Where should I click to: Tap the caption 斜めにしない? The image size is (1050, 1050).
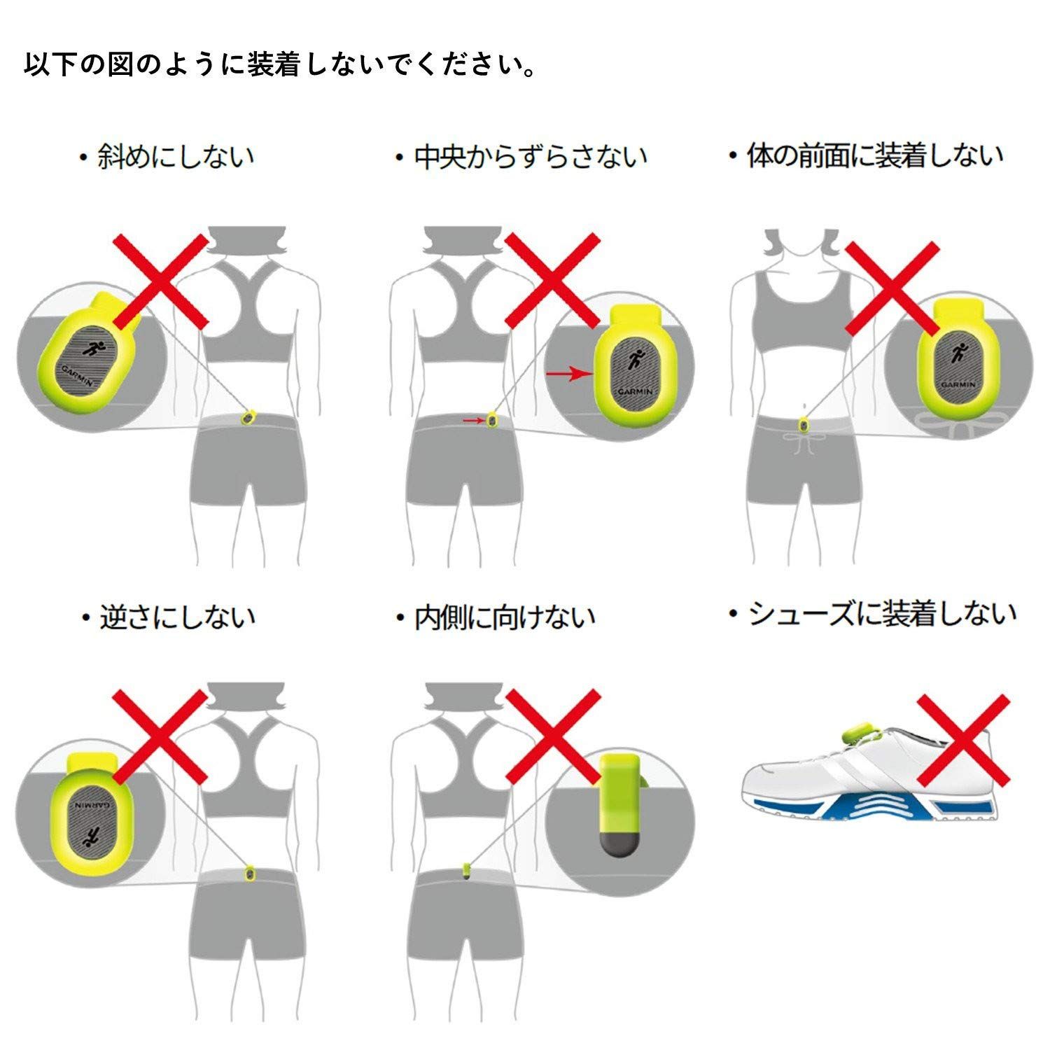pyautogui.click(x=168, y=156)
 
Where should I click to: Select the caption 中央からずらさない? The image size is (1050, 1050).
pyautogui.click(x=521, y=157)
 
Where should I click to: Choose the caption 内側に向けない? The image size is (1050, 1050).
pyautogui.click(x=496, y=617)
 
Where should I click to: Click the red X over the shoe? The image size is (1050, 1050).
pyautogui.click(x=963, y=740)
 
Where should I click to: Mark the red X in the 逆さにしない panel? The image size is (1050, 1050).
pyautogui.click(x=160, y=736)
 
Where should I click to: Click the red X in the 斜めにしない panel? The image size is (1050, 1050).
pyautogui.click(x=160, y=281)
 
